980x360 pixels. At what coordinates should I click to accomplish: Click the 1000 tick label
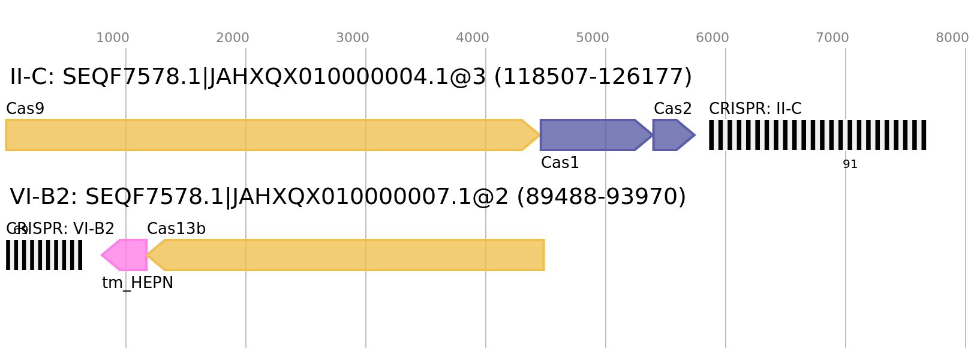(x=112, y=38)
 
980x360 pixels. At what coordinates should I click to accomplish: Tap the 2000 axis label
(x=232, y=38)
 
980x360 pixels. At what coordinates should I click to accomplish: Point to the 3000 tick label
(x=352, y=38)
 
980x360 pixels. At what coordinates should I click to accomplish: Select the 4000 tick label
(x=472, y=38)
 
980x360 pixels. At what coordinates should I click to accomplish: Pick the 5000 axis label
(x=592, y=38)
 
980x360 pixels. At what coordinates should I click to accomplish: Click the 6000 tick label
(x=712, y=38)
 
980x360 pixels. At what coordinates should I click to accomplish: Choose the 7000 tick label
(x=832, y=38)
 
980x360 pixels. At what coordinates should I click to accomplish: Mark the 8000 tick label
(x=952, y=38)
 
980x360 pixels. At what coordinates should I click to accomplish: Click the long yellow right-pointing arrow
(x=264, y=135)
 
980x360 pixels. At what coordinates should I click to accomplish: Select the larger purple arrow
(x=591, y=135)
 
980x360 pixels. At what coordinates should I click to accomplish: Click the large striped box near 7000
(x=817, y=135)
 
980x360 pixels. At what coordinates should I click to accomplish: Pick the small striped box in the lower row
(x=44, y=255)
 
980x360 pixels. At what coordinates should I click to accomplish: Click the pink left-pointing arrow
(x=127, y=255)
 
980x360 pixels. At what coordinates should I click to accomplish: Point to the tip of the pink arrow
(x=101, y=255)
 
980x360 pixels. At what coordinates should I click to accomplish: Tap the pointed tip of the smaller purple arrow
(x=695, y=135)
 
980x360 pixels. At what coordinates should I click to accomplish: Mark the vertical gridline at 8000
(x=966, y=240)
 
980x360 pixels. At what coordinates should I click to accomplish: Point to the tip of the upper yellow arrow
(x=540, y=135)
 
